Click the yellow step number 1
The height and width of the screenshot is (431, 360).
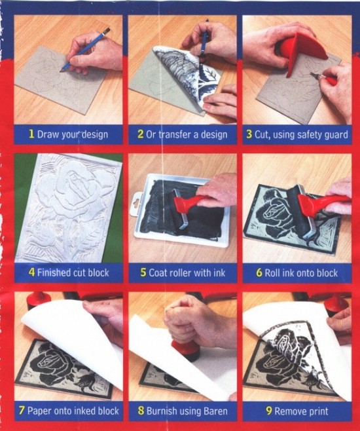[31, 134]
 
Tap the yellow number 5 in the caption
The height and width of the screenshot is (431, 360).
[143, 272]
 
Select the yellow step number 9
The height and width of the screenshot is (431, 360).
[269, 411]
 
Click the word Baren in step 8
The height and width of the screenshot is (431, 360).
[215, 411]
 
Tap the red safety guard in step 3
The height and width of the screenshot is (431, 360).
[302, 52]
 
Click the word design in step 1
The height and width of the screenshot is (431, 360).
[95, 135]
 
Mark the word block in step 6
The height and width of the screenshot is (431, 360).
[327, 272]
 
